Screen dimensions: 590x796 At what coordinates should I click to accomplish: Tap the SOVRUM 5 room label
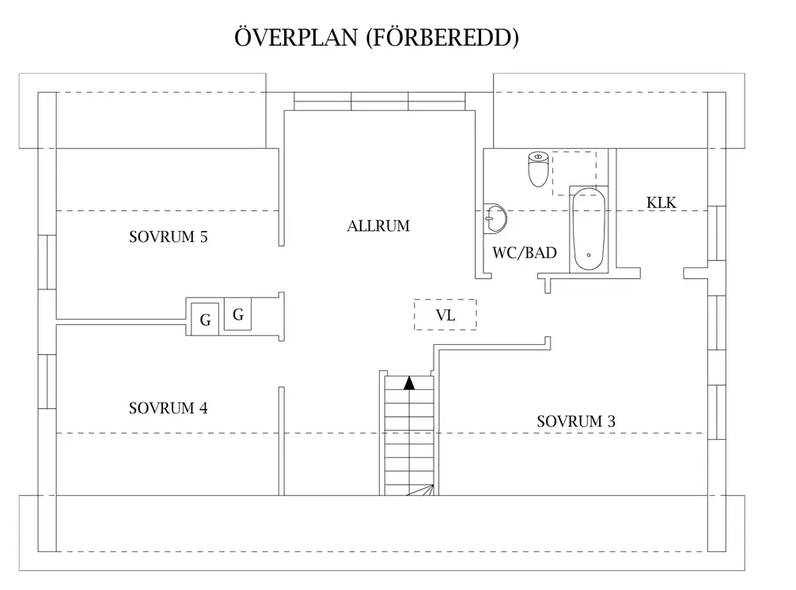[168, 237]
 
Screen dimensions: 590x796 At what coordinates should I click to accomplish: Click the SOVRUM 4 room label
[168, 409]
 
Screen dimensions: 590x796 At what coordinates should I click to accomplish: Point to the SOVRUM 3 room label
[576, 422]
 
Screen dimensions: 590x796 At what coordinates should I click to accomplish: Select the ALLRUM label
[378, 226]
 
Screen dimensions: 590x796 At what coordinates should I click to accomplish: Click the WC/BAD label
[525, 254]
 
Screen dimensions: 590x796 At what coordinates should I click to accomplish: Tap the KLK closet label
[661, 202]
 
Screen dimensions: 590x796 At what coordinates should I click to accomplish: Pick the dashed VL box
[445, 315]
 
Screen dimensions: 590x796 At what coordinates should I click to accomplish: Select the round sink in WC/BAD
[497, 216]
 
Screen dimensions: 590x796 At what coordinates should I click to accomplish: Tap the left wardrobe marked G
[205, 320]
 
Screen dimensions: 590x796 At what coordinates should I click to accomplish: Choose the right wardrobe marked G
[237, 315]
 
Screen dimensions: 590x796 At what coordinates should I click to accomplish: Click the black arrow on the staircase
[409, 384]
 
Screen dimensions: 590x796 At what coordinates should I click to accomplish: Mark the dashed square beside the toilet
[574, 172]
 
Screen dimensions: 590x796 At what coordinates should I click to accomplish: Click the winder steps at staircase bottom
[419, 490]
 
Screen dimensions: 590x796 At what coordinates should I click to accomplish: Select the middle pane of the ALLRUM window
[380, 101]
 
